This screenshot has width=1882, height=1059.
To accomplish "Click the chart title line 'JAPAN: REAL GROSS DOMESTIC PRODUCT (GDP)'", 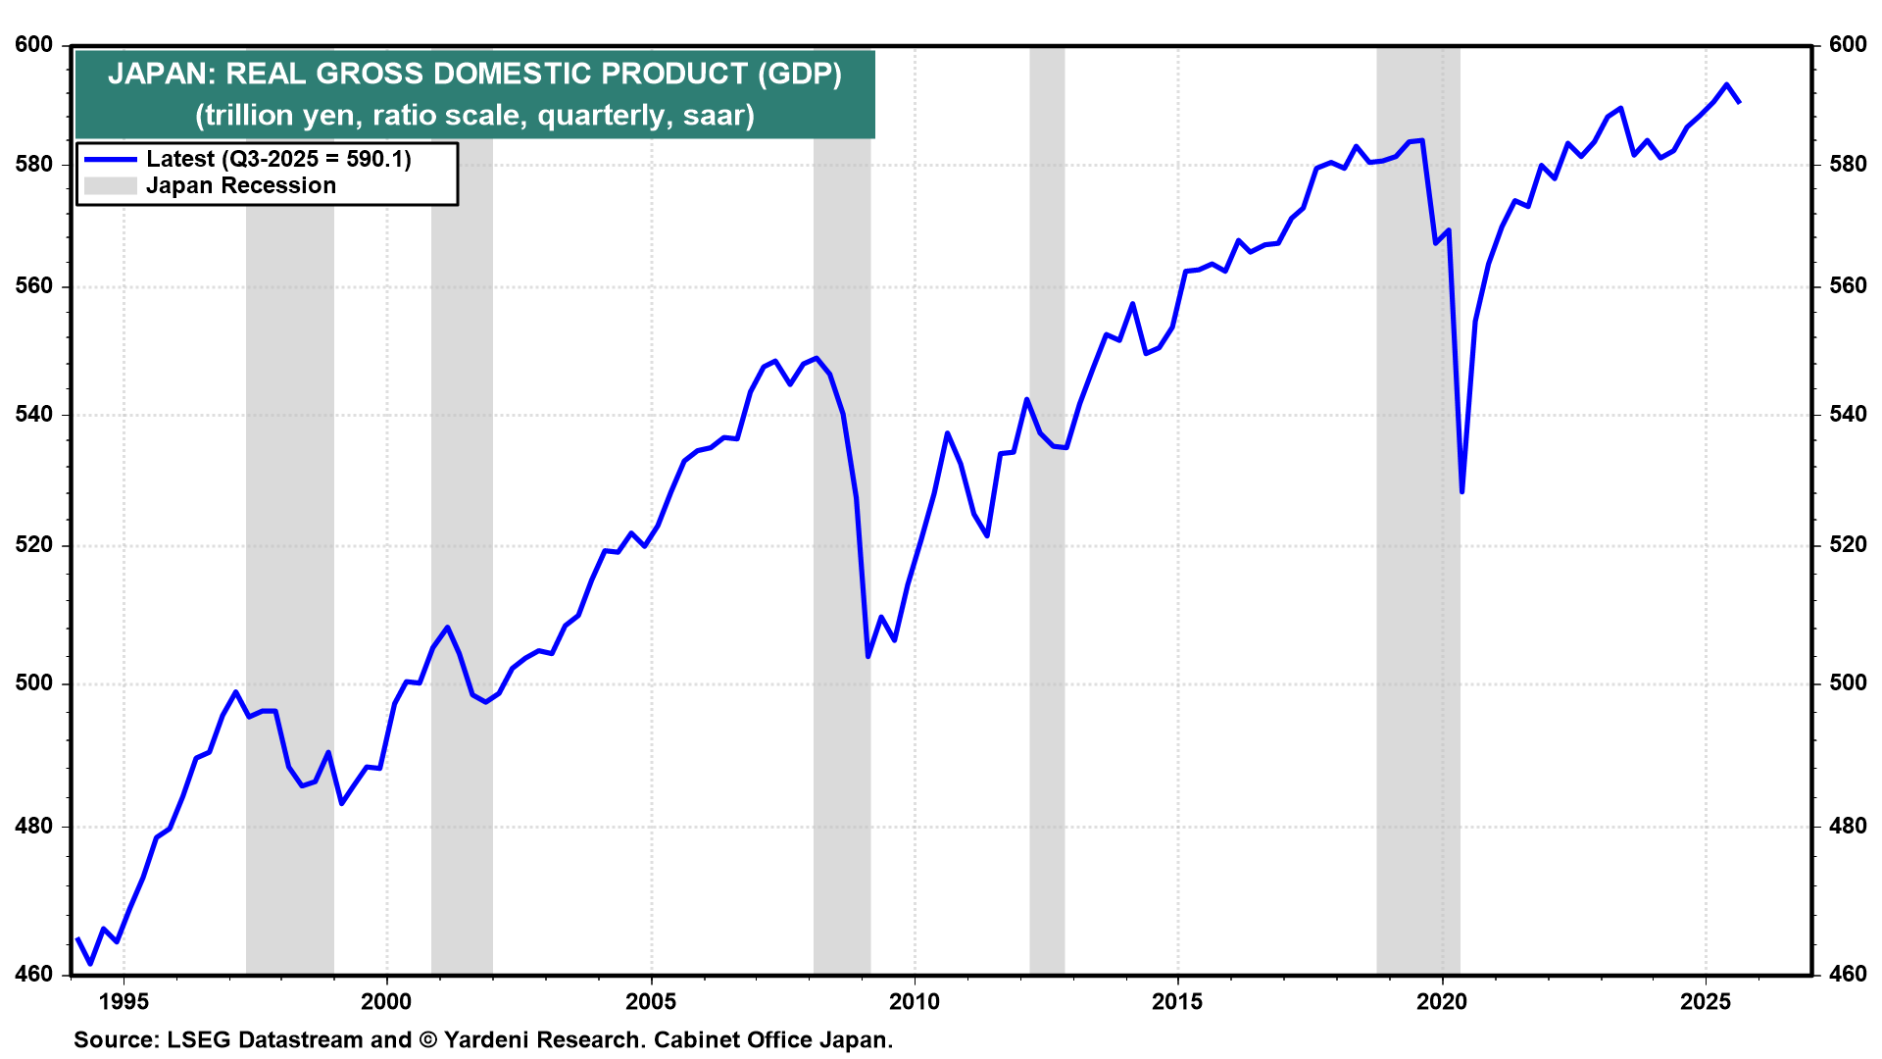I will (x=474, y=74).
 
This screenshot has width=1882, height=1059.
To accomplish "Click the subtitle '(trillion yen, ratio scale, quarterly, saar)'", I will (x=474, y=116).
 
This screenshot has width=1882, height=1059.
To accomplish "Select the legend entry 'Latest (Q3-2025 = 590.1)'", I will (x=278, y=159).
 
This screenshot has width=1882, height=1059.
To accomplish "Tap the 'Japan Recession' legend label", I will (x=241, y=185).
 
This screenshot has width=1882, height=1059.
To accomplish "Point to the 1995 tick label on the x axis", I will (x=124, y=1001).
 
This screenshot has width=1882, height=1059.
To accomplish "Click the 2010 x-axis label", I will (x=914, y=1001).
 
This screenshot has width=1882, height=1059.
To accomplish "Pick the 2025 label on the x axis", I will (x=1706, y=1001).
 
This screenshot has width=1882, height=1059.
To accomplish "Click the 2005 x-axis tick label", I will (x=651, y=1001).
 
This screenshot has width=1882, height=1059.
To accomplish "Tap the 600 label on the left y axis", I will (x=34, y=45).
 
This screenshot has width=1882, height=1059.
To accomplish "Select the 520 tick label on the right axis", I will (x=1848, y=545).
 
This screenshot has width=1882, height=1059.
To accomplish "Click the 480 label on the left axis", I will (x=34, y=827).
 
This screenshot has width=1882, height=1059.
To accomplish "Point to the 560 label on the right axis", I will (x=1848, y=286).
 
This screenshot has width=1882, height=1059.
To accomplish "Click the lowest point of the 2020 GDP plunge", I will (x=1461, y=491).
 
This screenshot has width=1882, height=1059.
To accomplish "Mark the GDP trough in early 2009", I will (x=868, y=656).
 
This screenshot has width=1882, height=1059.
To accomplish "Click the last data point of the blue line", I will (x=1739, y=102).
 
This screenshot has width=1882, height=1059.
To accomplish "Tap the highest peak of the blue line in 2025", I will (x=1726, y=84).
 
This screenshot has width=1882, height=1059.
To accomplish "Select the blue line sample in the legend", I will (x=110, y=159).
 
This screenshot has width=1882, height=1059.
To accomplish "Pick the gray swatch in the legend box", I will (x=110, y=185).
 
